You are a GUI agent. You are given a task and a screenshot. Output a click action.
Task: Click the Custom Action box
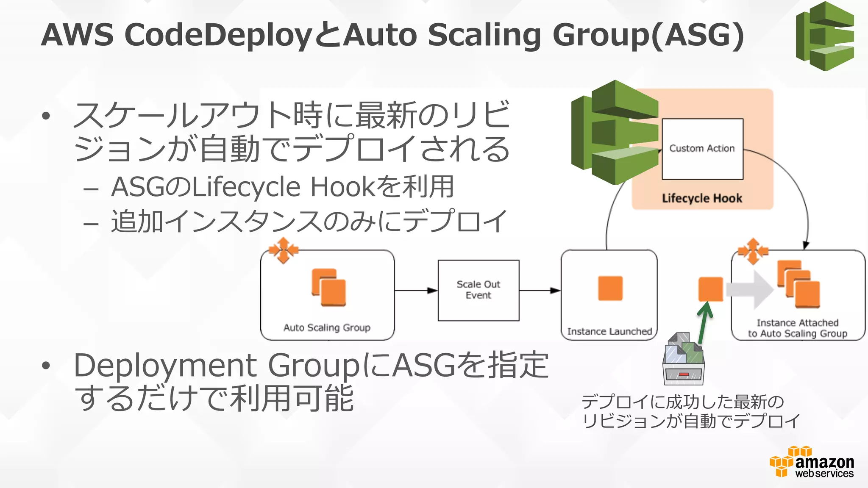point(702,149)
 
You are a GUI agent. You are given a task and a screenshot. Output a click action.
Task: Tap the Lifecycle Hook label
point(702,198)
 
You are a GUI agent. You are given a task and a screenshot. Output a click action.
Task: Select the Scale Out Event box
point(479,290)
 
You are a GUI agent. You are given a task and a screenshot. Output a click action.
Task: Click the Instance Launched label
point(609,331)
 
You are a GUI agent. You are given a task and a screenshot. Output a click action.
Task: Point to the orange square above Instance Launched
point(610,288)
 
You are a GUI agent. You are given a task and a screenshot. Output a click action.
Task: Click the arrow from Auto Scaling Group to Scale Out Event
point(416,291)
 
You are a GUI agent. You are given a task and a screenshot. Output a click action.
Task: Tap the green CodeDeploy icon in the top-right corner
point(825,36)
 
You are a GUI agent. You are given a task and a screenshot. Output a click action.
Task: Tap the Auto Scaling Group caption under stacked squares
point(327,327)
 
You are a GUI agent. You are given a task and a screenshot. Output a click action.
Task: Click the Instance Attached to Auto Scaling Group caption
point(798,328)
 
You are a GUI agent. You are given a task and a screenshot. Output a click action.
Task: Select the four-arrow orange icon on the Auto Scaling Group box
point(283,250)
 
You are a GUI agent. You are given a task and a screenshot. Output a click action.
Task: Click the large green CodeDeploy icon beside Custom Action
point(615,132)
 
